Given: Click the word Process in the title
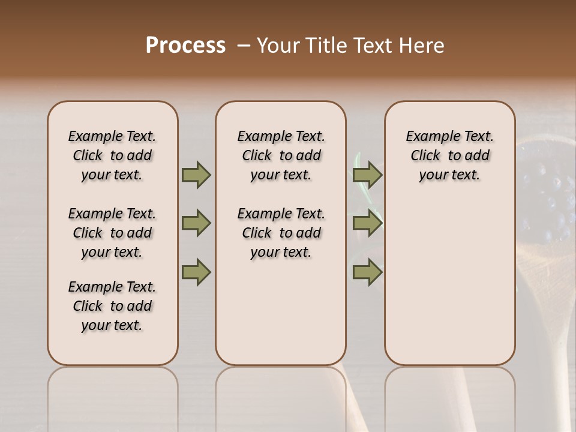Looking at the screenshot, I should (185, 46).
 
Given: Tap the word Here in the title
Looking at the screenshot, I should (422, 46).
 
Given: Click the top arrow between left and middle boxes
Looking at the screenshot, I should (196, 175).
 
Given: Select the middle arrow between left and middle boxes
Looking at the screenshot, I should (196, 223).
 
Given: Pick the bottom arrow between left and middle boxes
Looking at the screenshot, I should (196, 272).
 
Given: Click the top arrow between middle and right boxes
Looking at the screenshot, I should (367, 175).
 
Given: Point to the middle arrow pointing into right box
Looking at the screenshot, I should (367, 223).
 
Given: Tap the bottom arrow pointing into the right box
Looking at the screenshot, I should (367, 272).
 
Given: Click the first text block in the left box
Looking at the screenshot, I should (112, 155).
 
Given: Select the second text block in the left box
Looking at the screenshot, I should (112, 233).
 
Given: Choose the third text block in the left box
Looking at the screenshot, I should (112, 306).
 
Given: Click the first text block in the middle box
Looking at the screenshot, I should (281, 155).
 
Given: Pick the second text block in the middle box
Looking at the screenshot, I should (281, 233).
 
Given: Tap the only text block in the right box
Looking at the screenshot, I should (449, 155).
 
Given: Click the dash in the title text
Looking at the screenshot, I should (244, 46).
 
